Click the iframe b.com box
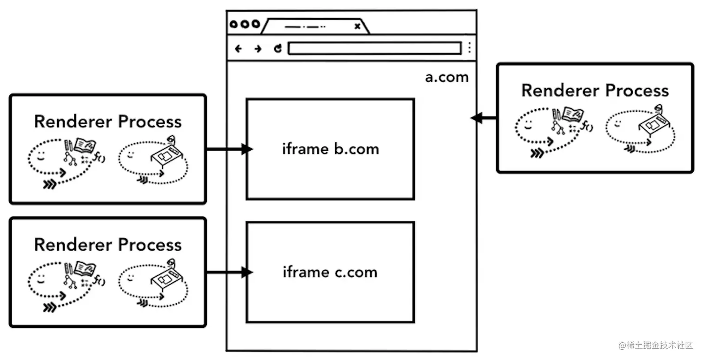pyautogui.click(x=330, y=149)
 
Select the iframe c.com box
pyautogui.click(x=330, y=272)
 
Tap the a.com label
pyautogui.click(x=446, y=77)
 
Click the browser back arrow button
pyautogui.click(x=239, y=48)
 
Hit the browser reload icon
pyautogui.click(x=278, y=48)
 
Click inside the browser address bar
pyautogui.click(x=374, y=48)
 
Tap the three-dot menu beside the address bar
pyautogui.click(x=470, y=48)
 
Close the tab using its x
pyautogui.click(x=357, y=27)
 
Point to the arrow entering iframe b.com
pyautogui.click(x=230, y=149)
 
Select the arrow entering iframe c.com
pyautogui.click(x=230, y=273)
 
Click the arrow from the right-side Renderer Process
pyautogui.click(x=484, y=118)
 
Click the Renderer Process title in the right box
pyautogui.click(x=595, y=90)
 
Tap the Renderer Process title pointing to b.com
pyautogui.click(x=107, y=121)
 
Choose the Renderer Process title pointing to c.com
pyautogui.click(x=107, y=245)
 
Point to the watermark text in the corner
pyautogui.click(x=656, y=346)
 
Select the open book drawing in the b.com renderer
pyautogui.click(x=85, y=145)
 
